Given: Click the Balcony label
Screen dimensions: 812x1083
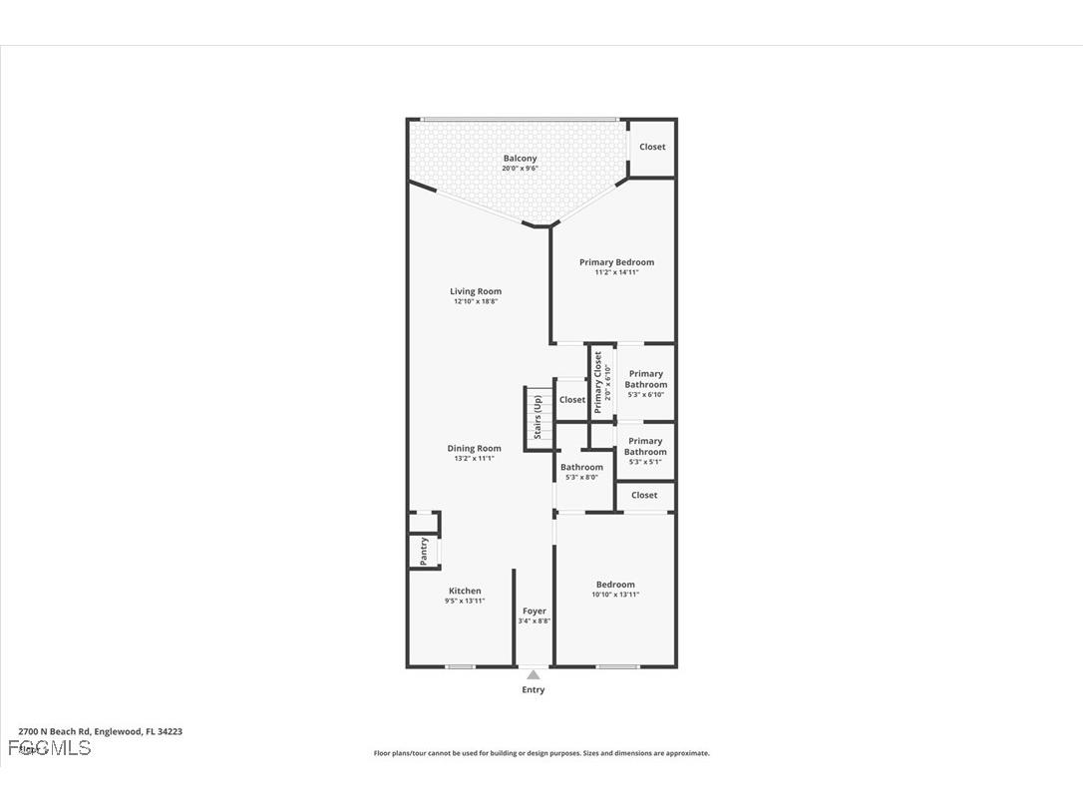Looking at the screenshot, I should point(520,159).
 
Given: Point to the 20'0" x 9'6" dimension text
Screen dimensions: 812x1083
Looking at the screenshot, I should point(520,169).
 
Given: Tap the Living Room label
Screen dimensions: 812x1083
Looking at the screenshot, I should point(475,291).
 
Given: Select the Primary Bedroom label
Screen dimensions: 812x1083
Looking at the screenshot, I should point(616,262).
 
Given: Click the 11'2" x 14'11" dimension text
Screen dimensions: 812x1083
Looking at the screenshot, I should point(616,272).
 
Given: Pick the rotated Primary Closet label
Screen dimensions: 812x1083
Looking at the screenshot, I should point(598,383).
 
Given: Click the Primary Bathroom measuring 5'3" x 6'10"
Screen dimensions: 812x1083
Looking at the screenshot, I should point(645,379).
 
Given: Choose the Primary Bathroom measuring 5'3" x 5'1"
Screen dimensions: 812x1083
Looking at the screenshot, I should point(645,446).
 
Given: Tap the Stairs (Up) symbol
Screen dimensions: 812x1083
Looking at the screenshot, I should point(538,417).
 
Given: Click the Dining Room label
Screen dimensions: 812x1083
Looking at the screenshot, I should point(474,448).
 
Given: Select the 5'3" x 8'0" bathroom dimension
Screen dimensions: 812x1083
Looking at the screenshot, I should point(581,477).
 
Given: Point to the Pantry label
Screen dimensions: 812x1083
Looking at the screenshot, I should point(424,552).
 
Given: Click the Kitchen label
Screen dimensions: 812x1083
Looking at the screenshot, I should point(464,591).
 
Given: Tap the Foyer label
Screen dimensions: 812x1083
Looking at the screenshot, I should point(534,610).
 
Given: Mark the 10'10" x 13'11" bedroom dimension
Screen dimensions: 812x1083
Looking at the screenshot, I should point(615,595).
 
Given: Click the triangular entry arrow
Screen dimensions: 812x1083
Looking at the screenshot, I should point(534,675).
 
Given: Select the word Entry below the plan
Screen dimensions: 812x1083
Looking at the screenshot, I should point(534,689).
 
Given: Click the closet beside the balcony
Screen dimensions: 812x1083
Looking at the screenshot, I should point(652,147).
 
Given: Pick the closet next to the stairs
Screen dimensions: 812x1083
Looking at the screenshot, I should point(572,400).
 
